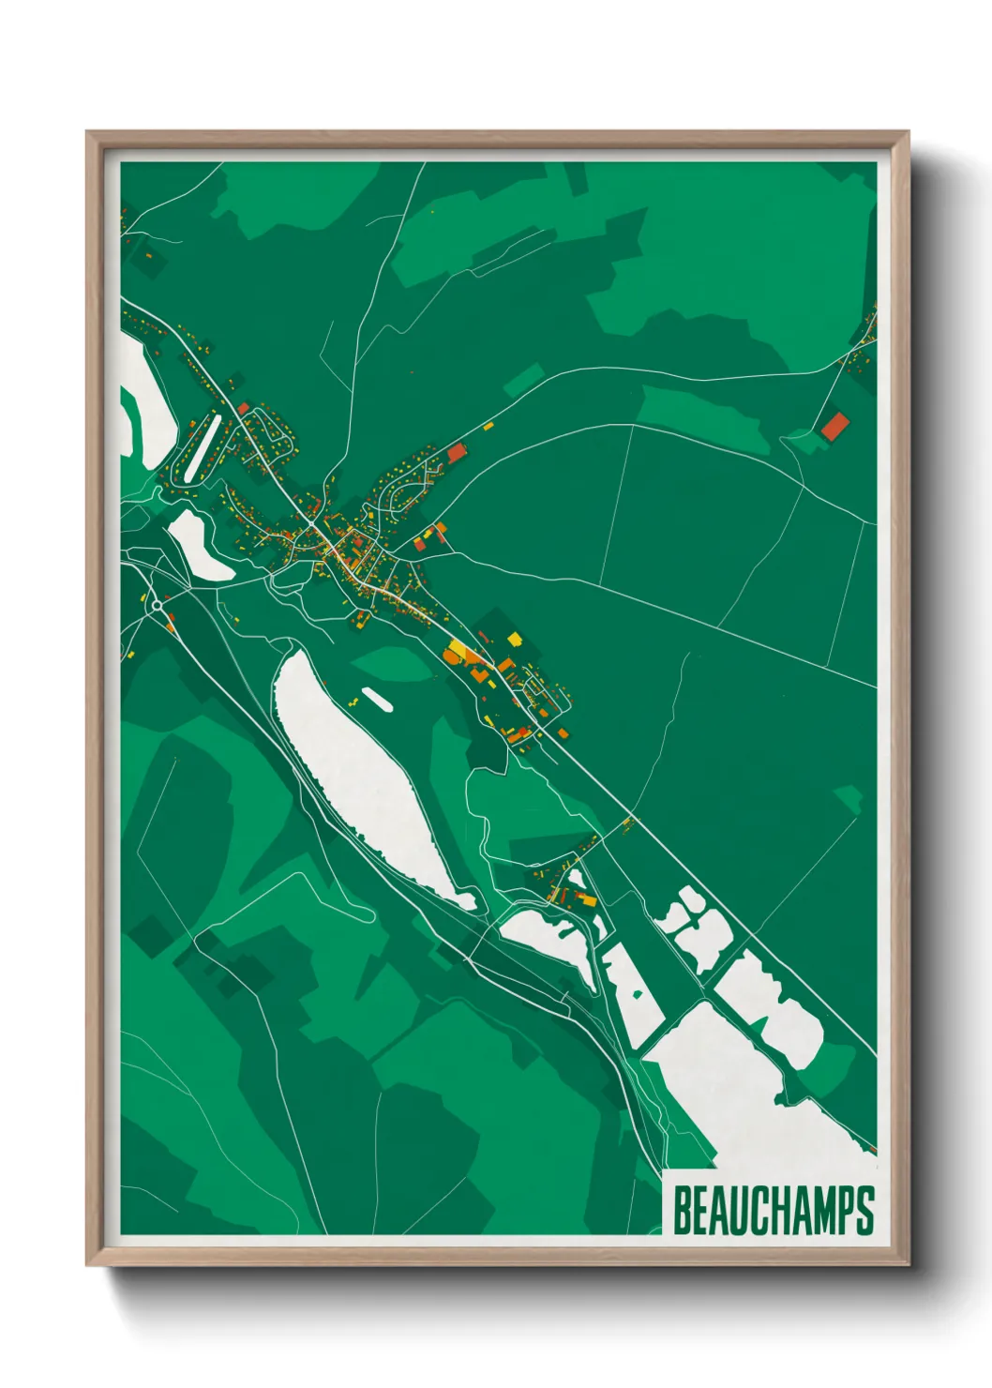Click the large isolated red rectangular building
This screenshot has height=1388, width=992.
834,427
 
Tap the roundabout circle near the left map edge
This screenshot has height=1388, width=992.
158,607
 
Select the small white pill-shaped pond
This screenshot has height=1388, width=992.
376,699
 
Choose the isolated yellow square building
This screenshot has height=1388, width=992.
514,639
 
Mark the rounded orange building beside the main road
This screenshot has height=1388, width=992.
454,655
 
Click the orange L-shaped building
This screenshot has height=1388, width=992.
478,673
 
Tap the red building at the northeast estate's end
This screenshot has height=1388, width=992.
457,453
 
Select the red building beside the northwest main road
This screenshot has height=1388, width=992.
243,408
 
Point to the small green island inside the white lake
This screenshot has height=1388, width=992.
638,994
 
